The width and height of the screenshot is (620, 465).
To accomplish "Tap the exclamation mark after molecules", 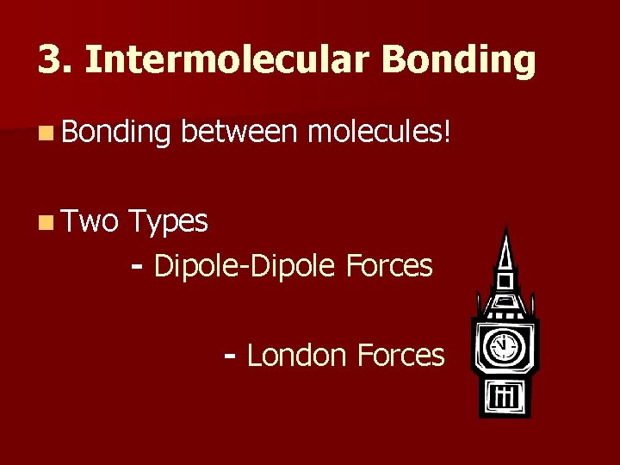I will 446,133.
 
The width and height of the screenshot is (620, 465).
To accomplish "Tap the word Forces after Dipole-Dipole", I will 391,266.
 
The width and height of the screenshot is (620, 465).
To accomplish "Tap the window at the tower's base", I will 502,396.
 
